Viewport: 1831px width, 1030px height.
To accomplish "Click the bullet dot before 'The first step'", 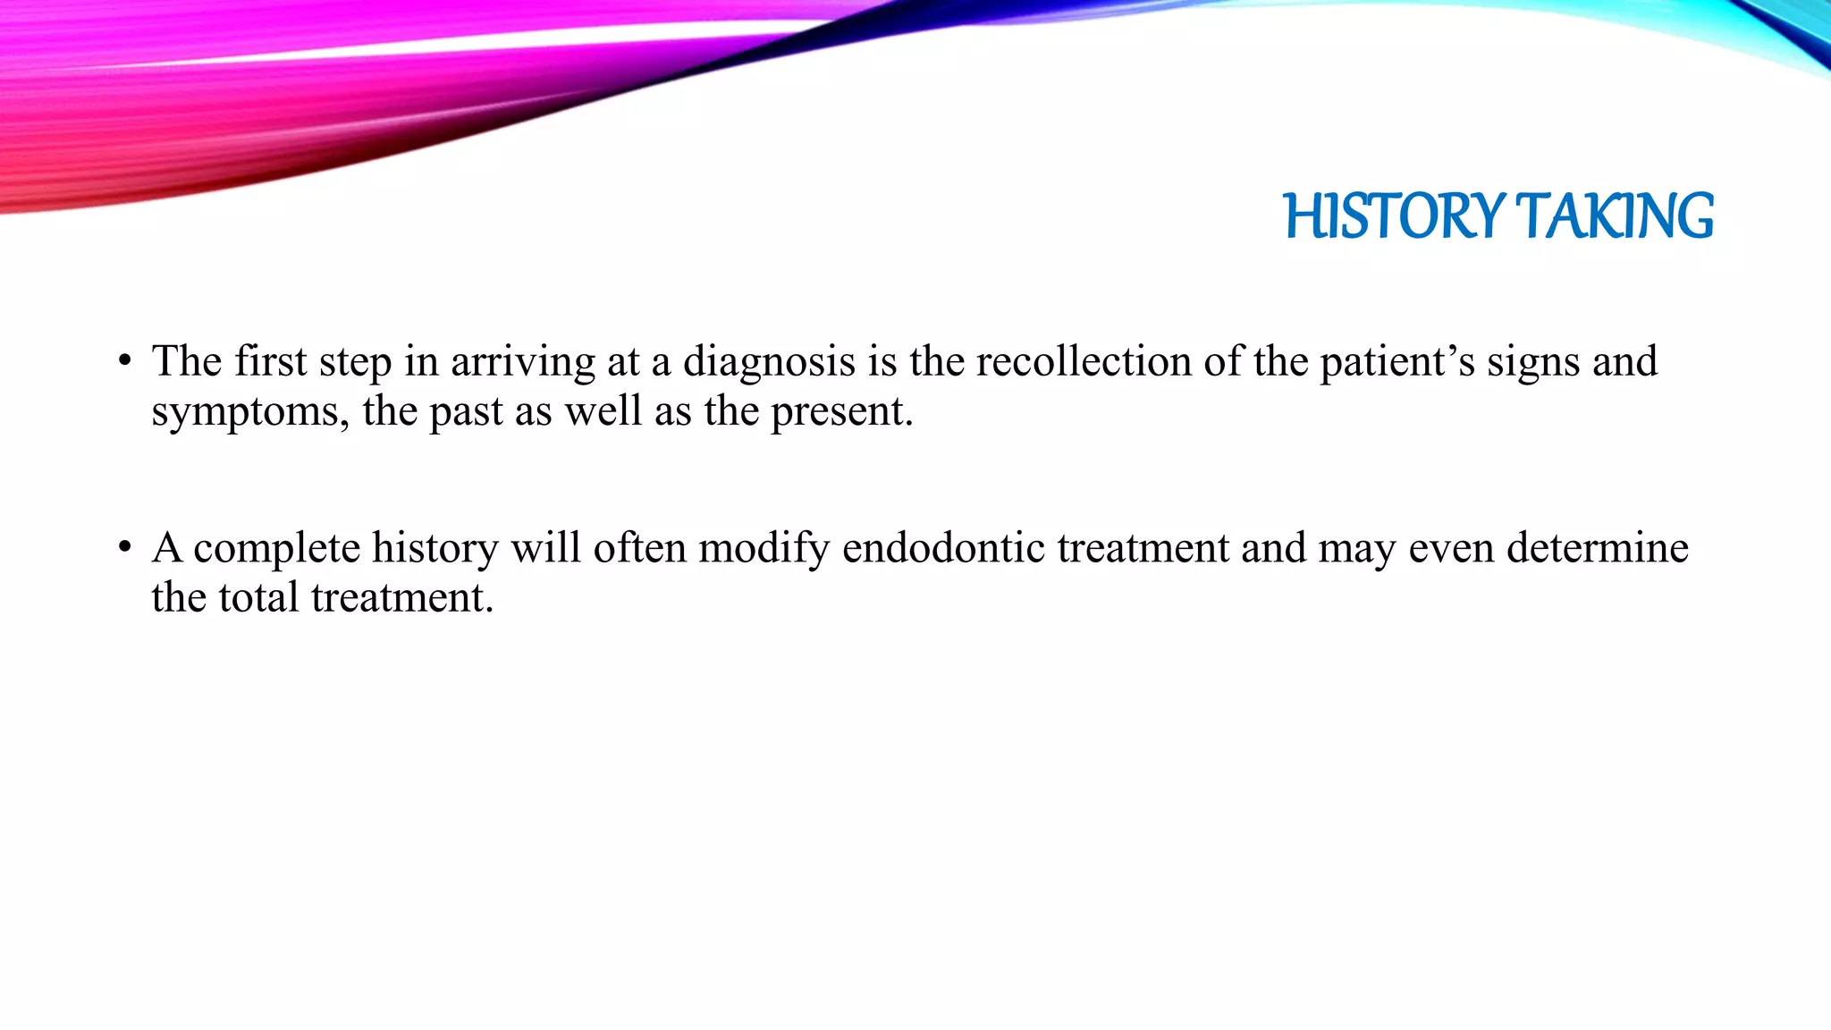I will (x=125, y=362).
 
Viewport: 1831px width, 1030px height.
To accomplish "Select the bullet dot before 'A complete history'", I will (x=125, y=547).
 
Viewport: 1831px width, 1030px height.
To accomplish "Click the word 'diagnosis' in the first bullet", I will (x=769, y=362).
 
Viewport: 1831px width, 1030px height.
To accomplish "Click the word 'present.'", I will (x=842, y=411).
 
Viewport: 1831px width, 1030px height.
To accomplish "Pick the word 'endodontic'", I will (x=943, y=547).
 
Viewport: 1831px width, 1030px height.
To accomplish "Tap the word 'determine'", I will (x=1598, y=547).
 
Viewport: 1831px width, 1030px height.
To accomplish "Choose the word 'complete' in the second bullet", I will (x=276, y=547).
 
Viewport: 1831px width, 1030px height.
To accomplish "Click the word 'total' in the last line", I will (x=259, y=597).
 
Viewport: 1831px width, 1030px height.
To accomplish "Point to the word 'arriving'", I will (x=522, y=362).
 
